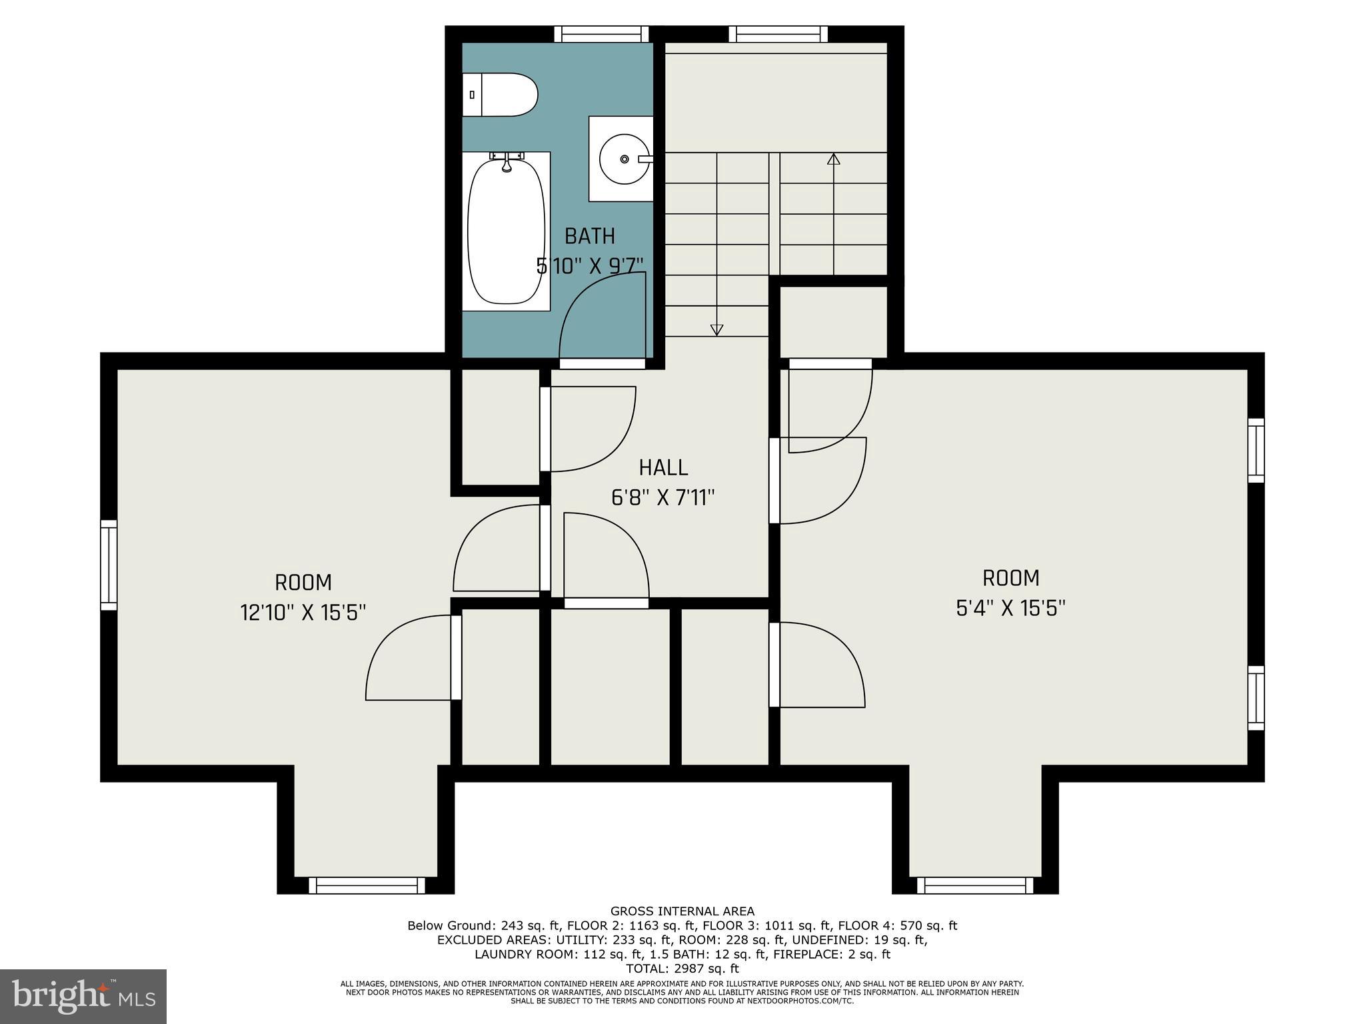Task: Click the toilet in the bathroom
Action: pos(500,95)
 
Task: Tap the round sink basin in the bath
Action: pos(624,159)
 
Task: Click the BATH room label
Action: pos(589,236)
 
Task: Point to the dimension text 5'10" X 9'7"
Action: pos(590,265)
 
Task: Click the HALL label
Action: pos(663,468)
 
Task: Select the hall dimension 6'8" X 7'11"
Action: pos(663,498)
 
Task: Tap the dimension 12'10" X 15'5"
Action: pos(303,612)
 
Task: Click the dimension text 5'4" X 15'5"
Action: pos(1010,608)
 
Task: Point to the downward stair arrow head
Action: pos(716,329)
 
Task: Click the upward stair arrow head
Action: pos(833,159)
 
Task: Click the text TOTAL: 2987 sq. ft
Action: pos(682,969)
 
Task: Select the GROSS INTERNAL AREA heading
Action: pos(682,911)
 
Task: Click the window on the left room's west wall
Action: pos(109,565)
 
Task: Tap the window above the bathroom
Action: pos(601,34)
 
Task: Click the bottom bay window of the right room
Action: pos(975,885)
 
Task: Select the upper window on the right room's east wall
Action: pos(1256,450)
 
